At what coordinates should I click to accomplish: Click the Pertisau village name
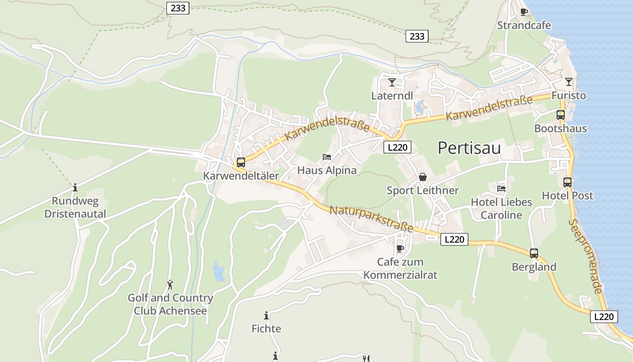pos(469,148)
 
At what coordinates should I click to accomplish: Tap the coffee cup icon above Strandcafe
pos(524,12)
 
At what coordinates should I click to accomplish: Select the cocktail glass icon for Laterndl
pos(392,82)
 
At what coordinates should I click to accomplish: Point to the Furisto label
pos(568,95)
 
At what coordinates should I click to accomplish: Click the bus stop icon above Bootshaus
pos(561,115)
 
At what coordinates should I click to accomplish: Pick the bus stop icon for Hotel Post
pos(567,182)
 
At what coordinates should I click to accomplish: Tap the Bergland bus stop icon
pos(534,253)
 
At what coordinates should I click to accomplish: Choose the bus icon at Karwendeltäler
pos(241,162)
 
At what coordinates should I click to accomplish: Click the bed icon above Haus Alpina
pos(327,157)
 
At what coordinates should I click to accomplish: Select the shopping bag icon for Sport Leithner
pos(423,177)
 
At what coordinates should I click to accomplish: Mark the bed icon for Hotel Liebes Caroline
pos(501,188)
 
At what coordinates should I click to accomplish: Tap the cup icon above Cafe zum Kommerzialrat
pos(400,248)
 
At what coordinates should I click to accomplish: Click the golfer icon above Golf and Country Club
pos(170,285)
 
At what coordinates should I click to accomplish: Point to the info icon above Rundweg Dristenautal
pos(75,187)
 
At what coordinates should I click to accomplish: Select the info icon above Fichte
pos(266,315)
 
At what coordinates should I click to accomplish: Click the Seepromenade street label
pos(586,256)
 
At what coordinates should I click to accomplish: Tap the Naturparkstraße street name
pos(371,219)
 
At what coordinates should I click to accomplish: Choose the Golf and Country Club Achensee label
pos(170,305)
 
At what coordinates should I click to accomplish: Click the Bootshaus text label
pos(560,129)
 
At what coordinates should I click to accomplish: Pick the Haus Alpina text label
pos(327,171)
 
